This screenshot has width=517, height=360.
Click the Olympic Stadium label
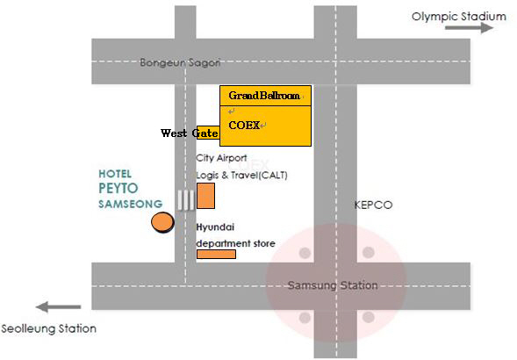459,17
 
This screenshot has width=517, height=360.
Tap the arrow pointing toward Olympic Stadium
469,28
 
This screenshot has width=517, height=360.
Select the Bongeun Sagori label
180,62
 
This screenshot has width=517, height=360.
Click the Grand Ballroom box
265,96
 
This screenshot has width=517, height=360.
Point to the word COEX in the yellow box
244,125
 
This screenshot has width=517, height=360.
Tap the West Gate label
190,133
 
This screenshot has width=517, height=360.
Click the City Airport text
221,158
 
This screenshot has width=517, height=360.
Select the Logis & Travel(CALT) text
241,175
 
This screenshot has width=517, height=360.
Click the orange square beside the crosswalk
205,196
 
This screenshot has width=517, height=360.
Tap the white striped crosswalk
186,199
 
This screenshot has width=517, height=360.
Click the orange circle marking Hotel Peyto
162,222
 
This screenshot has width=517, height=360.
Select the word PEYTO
118,188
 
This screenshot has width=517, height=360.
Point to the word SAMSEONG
131,204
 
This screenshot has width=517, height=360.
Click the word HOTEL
115,174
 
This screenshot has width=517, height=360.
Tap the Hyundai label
215,227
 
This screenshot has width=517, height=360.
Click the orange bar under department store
216,254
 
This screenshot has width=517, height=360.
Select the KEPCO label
373,205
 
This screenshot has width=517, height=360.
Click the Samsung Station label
333,285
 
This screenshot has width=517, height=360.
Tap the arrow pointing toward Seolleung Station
58,306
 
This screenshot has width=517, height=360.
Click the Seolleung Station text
49,328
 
